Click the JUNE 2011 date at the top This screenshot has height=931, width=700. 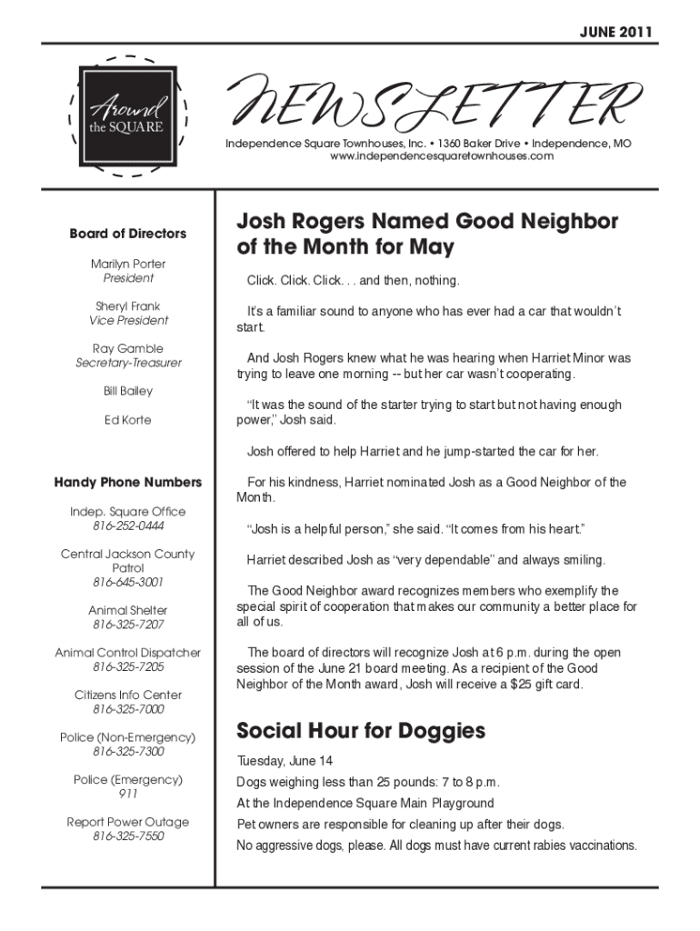pyautogui.click(x=616, y=34)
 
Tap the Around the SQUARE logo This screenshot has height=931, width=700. pyautogui.click(x=127, y=115)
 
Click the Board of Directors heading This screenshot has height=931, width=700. pyautogui.click(x=128, y=234)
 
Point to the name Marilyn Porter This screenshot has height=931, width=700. pyautogui.click(x=128, y=264)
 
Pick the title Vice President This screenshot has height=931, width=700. pyautogui.click(x=128, y=320)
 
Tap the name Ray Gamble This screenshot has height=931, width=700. pyautogui.click(x=128, y=348)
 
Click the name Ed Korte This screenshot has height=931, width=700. pyautogui.click(x=128, y=420)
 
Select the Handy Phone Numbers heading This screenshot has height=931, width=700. pyautogui.click(x=128, y=483)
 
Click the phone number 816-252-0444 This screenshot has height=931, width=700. pyautogui.click(x=128, y=526)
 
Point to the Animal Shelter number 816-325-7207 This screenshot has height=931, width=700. pyautogui.click(x=128, y=625)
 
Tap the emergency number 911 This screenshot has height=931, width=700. pyautogui.click(x=128, y=794)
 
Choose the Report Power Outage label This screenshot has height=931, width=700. pyautogui.click(x=128, y=822)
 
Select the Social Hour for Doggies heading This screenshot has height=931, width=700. pyautogui.click(x=361, y=731)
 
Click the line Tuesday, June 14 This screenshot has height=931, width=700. pyautogui.click(x=285, y=760)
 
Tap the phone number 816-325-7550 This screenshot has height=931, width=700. pyautogui.click(x=128, y=836)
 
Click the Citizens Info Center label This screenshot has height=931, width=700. pyautogui.click(x=128, y=696)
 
